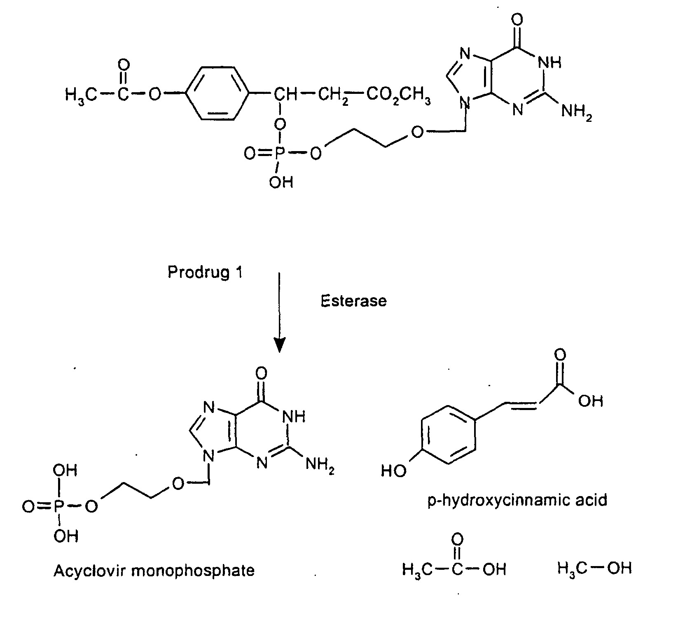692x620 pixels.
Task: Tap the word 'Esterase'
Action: pos(354,301)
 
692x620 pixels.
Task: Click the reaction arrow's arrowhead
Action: pos(280,345)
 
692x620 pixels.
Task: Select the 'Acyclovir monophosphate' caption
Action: pos(154,570)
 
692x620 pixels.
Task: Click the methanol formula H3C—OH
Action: pos(595,569)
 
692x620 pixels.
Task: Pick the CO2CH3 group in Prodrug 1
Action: pos(398,96)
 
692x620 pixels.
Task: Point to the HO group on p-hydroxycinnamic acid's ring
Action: pos(394,470)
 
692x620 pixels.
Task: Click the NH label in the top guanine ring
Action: pos(550,63)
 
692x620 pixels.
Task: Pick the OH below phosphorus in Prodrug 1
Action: pos(281,181)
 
